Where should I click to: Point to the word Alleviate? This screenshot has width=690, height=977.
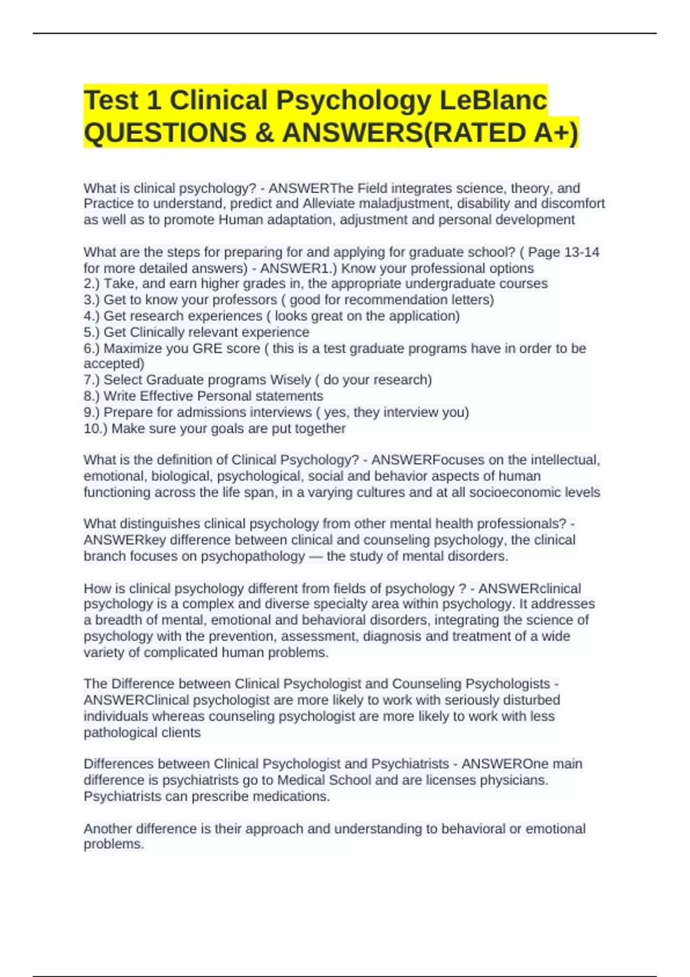point(329,204)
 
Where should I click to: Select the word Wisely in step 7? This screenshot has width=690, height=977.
point(291,380)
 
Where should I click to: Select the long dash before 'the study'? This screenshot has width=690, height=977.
point(316,556)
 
